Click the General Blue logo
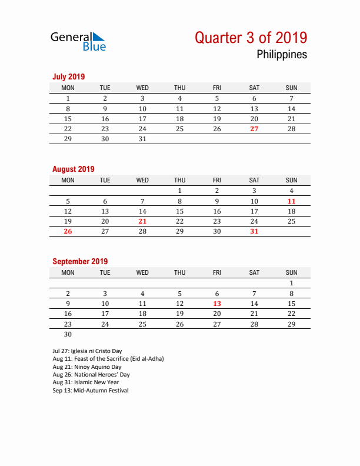click(78, 41)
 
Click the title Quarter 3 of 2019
click(251, 38)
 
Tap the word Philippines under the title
click(281, 55)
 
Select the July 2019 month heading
click(68, 76)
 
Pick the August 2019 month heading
click(73, 169)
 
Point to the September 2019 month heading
click(79, 261)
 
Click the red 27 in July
click(254, 129)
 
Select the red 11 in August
click(291, 201)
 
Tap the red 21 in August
click(142, 221)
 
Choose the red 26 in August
click(68, 231)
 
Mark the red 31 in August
click(254, 231)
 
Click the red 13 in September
click(217, 304)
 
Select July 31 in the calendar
click(142, 139)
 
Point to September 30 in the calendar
click(68, 334)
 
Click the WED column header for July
click(142, 88)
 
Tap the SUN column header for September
click(291, 272)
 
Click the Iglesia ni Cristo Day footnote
click(87, 351)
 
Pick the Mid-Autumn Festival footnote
click(90, 390)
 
